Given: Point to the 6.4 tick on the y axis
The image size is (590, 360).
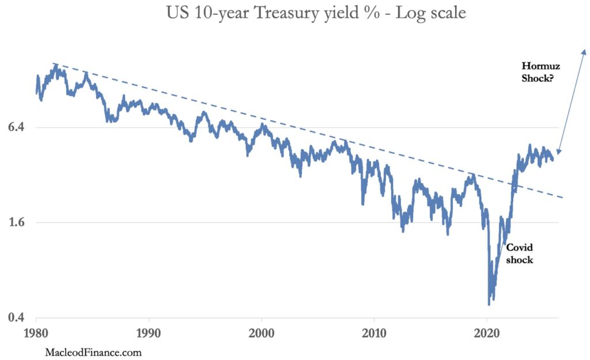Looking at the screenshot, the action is point(16,127).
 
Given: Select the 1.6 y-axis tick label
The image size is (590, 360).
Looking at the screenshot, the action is point(16,222).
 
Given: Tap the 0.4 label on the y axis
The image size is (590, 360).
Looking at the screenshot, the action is point(16,317).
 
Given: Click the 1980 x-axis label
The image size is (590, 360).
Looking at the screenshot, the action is point(36,333).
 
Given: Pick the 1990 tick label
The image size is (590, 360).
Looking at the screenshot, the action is point(149,333).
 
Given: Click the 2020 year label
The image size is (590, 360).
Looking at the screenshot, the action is point(486,333).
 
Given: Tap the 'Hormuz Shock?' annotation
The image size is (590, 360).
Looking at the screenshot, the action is point(540,72).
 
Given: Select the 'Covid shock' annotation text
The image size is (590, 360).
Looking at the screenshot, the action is point(519,253).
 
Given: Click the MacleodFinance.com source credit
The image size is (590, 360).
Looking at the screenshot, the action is point(93,353).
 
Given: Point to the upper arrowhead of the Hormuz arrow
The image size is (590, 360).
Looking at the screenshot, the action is point(584,50).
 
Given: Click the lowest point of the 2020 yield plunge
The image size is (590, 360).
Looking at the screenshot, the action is point(489,304).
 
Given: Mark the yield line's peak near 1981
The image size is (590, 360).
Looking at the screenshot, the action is point(56,65).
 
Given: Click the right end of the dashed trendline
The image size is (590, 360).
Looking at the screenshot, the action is point(562,198).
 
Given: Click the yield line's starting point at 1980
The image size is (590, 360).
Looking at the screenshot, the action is point(36,93).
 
